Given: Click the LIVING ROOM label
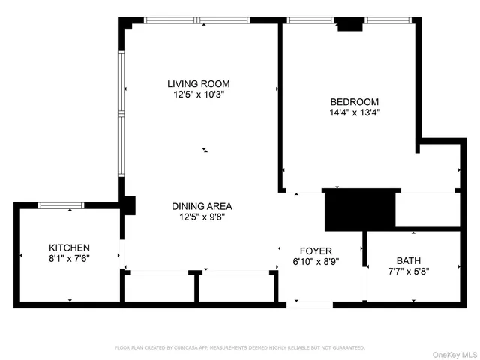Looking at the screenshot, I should click(198, 83).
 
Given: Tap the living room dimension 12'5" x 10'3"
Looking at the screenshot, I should click(198, 95).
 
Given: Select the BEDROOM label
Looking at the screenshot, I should click(354, 101).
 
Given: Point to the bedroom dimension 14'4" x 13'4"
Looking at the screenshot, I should click(354, 113).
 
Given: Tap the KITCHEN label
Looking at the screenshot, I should click(69, 247).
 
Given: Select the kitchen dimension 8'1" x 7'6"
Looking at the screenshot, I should click(69, 259).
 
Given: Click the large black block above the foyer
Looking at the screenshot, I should click(359, 210).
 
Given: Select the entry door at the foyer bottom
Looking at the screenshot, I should click(313, 304).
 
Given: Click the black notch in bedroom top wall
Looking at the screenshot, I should click(349, 25).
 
